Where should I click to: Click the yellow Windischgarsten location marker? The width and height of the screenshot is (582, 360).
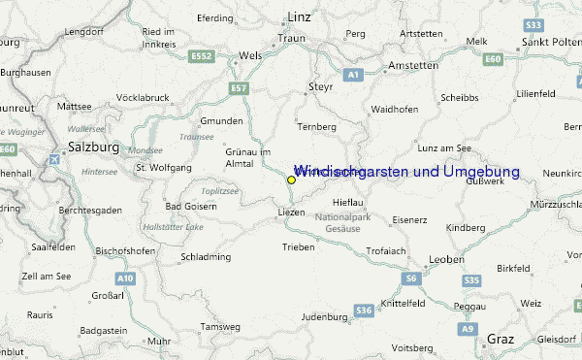(291, 180)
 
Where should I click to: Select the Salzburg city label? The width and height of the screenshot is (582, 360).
(93, 147)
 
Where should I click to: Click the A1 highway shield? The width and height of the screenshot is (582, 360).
(353, 75)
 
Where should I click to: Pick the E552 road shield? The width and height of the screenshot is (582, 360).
(202, 57)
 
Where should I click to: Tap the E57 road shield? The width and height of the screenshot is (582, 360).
(240, 88)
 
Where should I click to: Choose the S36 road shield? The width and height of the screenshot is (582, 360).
(364, 311)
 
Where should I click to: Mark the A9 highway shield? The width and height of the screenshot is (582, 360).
(469, 330)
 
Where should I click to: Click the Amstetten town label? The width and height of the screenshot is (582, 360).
(412, 64)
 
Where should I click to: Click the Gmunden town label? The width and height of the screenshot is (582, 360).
(221, 121)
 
